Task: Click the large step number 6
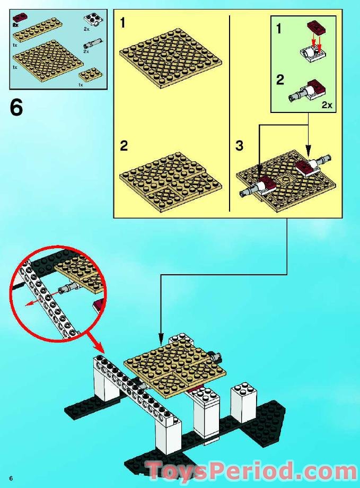16,108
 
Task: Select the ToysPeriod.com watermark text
252,471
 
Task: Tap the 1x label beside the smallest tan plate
81,84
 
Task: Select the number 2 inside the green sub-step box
280,80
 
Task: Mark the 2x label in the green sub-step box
327,105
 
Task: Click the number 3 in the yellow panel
239,145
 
